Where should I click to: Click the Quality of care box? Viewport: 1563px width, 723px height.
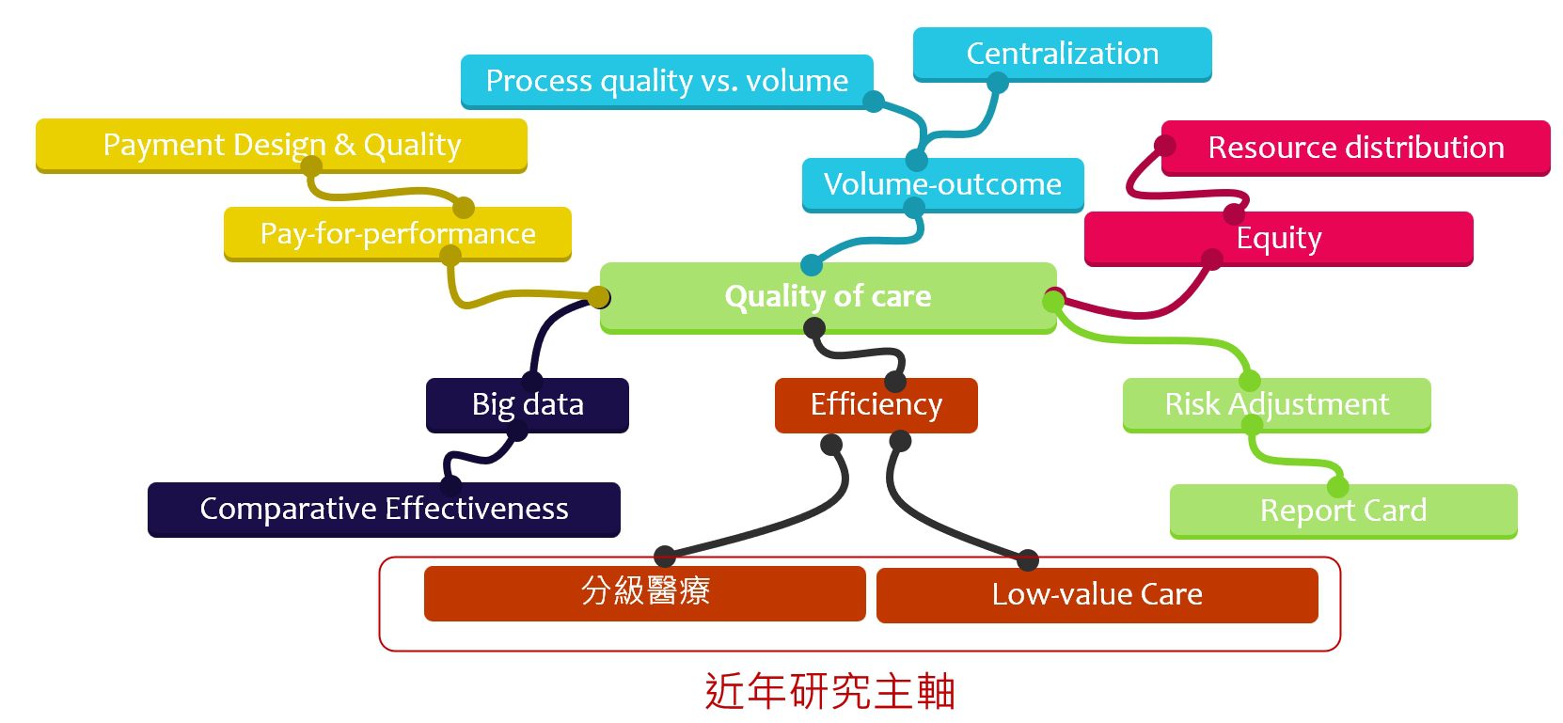828,296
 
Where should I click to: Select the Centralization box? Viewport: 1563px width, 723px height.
1062,54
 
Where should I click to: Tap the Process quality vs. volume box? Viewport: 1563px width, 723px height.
666,81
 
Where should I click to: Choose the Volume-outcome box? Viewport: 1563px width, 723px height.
942,184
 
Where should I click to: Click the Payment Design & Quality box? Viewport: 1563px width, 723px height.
281,145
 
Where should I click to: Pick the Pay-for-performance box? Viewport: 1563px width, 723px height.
397,233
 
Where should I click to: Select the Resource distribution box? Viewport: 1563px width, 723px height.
1355,148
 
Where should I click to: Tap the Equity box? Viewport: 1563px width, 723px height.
1278,238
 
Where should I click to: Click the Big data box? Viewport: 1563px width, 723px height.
527,404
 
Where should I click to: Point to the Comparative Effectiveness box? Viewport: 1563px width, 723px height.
384,509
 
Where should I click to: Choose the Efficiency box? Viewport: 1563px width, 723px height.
876,404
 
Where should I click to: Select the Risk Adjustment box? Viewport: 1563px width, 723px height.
1276,404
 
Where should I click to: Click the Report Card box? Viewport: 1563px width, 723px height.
1343,511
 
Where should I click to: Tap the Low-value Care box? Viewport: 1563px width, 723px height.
1097,594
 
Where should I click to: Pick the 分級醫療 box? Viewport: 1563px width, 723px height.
644,592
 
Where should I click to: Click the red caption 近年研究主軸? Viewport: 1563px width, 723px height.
829,692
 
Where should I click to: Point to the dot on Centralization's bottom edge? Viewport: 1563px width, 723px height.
997,83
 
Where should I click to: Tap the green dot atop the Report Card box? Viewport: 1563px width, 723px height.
1337,487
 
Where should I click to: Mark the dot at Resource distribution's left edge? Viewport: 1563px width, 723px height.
1165,146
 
